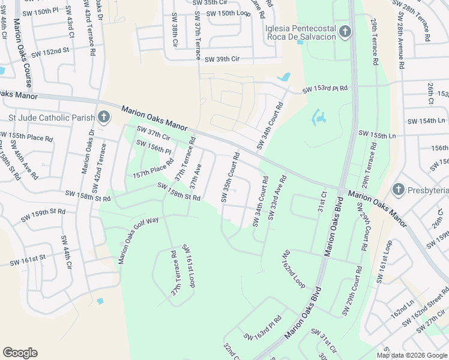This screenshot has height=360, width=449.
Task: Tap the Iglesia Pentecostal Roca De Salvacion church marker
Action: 345,32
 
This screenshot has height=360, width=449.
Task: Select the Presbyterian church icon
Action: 397,190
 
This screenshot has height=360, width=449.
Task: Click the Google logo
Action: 20,353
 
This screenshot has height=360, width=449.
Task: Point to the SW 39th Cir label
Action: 222,59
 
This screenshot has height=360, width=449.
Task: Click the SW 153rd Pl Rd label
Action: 325,89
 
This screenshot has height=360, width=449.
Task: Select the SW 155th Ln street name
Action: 377,134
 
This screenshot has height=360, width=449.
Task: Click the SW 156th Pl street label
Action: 153,146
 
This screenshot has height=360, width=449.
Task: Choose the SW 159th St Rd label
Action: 43,214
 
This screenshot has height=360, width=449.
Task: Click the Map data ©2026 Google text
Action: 412,355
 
